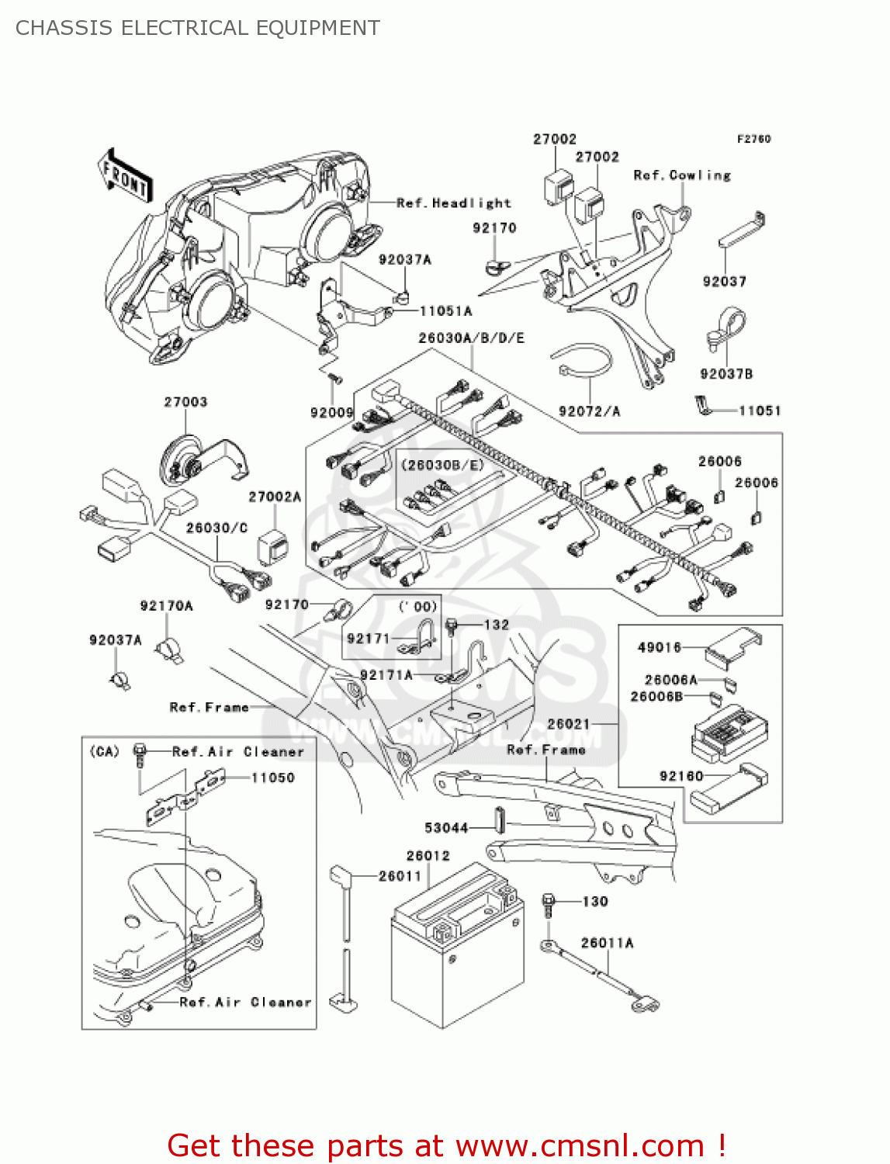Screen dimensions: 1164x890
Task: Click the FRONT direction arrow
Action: pyautogui.click(x=124, y=176)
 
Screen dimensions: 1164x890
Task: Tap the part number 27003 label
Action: pyautogui.click(x=185, y=402)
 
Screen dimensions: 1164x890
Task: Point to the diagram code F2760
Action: pyautogui.click(x=753, y=139)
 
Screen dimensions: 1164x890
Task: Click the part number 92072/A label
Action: pyautogui.click(x=589, y=411)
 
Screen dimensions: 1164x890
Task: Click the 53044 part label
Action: pyautogui.click(x=446, y=828)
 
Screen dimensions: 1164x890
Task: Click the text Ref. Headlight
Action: pyautogui.click(x=454, y=203)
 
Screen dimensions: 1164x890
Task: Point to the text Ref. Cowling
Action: pyautogui.click(x=682, y=175)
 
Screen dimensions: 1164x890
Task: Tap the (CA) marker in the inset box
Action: pyautogui.click(x=105, y=751)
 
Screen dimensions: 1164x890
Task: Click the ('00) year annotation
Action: pyautogui.click(x=417, y=607)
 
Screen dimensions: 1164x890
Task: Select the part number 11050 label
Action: pyautogui.click(x=272, y=778)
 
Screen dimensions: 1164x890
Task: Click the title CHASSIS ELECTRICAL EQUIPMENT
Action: pyautogui.click(x=198, y=28)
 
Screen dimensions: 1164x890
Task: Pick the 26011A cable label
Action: pyautogui.click(x=607, y=943)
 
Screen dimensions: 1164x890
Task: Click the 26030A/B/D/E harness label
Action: pyautogui.click(x=471, y=338)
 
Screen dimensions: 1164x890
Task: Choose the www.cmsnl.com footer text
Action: pyautogui.click(x=580, y=1145)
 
